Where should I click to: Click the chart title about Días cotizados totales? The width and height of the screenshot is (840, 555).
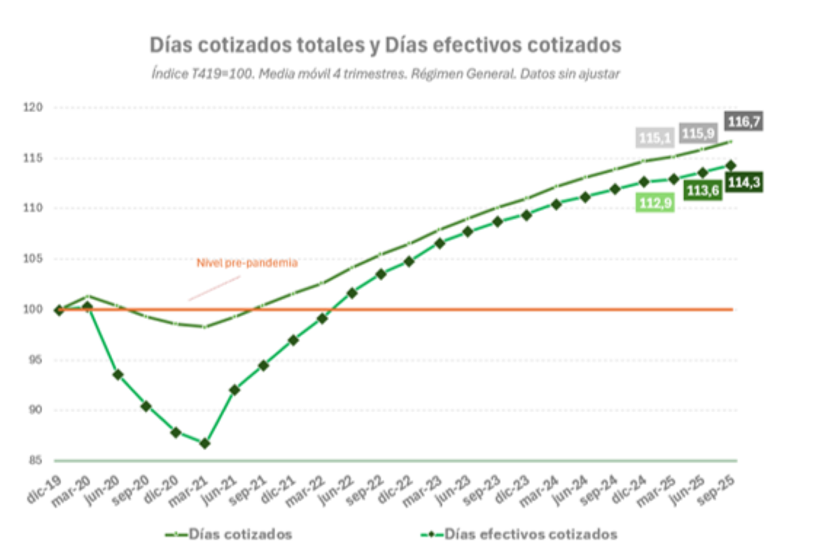tap(385, 45)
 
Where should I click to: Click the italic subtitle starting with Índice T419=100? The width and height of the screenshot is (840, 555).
tap(385, 74)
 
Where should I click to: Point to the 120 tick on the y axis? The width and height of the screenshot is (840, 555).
tap(34, 107)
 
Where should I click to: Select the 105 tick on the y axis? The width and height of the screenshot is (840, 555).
tap(34, 259)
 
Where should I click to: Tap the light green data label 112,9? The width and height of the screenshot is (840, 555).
tap(654, 203)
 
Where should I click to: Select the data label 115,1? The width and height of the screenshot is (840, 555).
tap(654, 138)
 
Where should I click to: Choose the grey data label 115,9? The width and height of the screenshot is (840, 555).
tap(699, 133)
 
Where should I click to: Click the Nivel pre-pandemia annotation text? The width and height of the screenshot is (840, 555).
tap(247, 263)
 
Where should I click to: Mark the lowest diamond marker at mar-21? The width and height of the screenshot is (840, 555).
tap(204, 444)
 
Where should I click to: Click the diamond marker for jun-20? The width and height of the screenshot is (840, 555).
tap(118, 375)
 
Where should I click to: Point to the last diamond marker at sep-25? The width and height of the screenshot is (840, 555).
tap(731, 165)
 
